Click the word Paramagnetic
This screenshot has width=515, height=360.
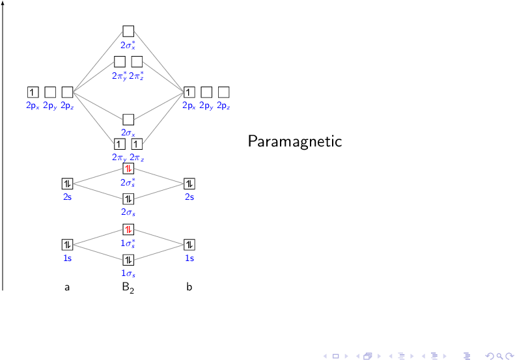point(294,141)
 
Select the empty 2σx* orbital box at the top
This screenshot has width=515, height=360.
point(128,31)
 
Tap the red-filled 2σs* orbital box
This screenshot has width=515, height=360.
point(128,169)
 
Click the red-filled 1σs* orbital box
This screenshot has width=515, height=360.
point(128,229)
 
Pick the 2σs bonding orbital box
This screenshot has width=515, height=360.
point(128,199)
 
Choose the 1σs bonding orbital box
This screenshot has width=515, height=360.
point(128,260)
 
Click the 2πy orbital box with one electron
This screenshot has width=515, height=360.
point(120,144)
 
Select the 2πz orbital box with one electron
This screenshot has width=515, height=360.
point(137,144)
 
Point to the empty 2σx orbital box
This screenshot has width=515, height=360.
point(128,119)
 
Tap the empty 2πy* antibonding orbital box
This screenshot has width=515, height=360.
point(120,62)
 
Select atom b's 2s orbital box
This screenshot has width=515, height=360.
point(189,184)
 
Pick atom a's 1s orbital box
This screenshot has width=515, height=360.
point(67,245)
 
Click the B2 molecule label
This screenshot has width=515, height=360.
point(128,287)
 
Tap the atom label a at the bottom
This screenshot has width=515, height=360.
point(67,287)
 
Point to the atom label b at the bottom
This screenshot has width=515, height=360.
point(189,286)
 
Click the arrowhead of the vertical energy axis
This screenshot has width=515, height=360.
point(3,3)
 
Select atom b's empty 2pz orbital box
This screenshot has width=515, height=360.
point(223,92)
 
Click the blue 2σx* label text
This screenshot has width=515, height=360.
point(128,46)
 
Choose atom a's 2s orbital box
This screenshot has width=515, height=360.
point(67,184)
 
